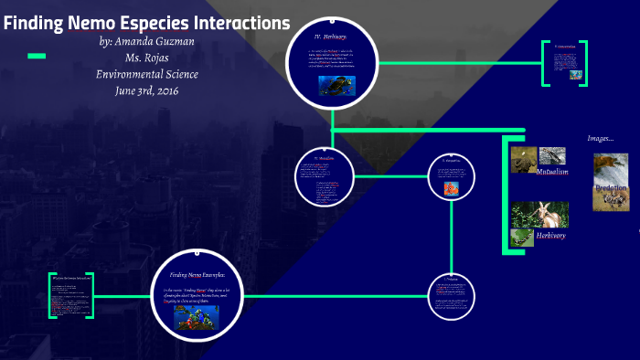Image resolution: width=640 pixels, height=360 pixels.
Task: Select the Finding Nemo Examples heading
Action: [x=198, y=274]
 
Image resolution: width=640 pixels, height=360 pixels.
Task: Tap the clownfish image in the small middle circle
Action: [x=452, y=189]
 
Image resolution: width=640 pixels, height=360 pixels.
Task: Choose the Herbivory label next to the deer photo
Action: [x=550, y=236]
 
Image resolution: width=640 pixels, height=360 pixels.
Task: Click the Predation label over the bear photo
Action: [x=611, y=188]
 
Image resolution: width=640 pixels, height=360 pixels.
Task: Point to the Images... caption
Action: [x=600, y=139]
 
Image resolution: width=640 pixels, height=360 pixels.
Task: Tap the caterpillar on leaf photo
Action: [x=522, y=238]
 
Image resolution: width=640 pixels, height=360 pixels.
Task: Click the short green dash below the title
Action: [x=37, y=57]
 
